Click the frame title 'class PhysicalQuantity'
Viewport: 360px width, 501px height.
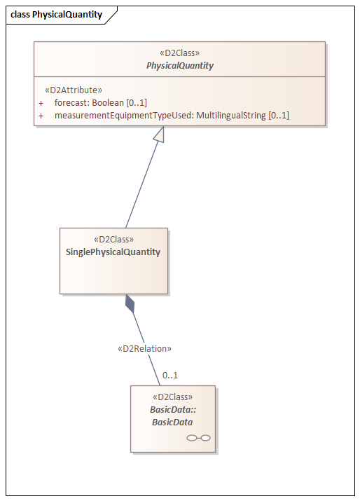[x=56, y=15]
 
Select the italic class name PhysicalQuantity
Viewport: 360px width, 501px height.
[x=180, y=65]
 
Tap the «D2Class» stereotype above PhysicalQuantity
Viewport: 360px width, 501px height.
[x=179, y=53]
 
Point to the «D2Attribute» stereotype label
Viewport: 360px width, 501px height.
[x=74, y=90]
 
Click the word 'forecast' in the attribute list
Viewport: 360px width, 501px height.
[x=72, y=102]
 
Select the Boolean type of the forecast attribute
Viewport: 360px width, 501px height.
[x=108, y=102]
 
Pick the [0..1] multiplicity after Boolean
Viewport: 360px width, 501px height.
[x=137, y=103]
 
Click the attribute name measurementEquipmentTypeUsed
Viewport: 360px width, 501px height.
[x=124, y=116]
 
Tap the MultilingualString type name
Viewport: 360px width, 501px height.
[x=230, y=116]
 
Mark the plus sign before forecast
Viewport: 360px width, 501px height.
[x=41, y=103]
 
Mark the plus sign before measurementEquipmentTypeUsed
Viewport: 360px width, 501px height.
[x=41, y=116]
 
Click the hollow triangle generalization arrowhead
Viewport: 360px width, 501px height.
[x=160, y=135]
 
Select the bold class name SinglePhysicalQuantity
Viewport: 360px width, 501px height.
[x=113, y=252]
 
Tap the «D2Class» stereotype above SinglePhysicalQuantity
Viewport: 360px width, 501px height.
[x=113, y=240]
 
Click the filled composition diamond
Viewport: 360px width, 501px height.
[x=130, y=303]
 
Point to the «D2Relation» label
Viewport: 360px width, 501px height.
[x=144, y=348]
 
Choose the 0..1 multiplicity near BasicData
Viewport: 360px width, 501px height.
[x=170, y=375]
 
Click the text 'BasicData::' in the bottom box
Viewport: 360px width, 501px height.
[x=173, y=410]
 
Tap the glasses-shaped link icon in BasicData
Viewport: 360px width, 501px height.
[x=198, y=438]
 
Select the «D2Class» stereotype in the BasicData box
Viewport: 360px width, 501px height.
[x=173, y=397]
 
